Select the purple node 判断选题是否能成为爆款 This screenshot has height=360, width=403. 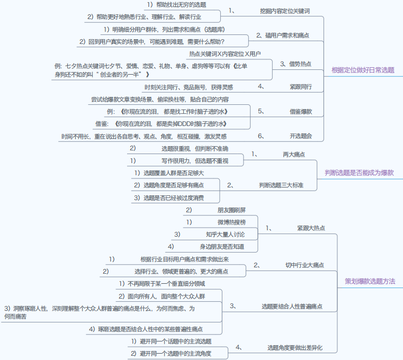pos(359,173)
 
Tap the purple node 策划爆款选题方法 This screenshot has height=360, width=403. pos(370,281)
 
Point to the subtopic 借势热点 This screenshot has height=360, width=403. pos(300,64)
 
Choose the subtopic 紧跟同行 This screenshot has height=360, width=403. pos(300,87)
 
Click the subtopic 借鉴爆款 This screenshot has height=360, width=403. pos(300,112)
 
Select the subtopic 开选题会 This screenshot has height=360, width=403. pos(300,136)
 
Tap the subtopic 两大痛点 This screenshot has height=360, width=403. pos(294,154)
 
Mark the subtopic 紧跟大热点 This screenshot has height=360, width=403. pos(311,228)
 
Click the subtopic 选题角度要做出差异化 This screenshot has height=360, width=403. pos(294,348)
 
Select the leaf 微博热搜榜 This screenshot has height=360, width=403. pos(231,222)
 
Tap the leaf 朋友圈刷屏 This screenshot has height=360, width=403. pos(231,210)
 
